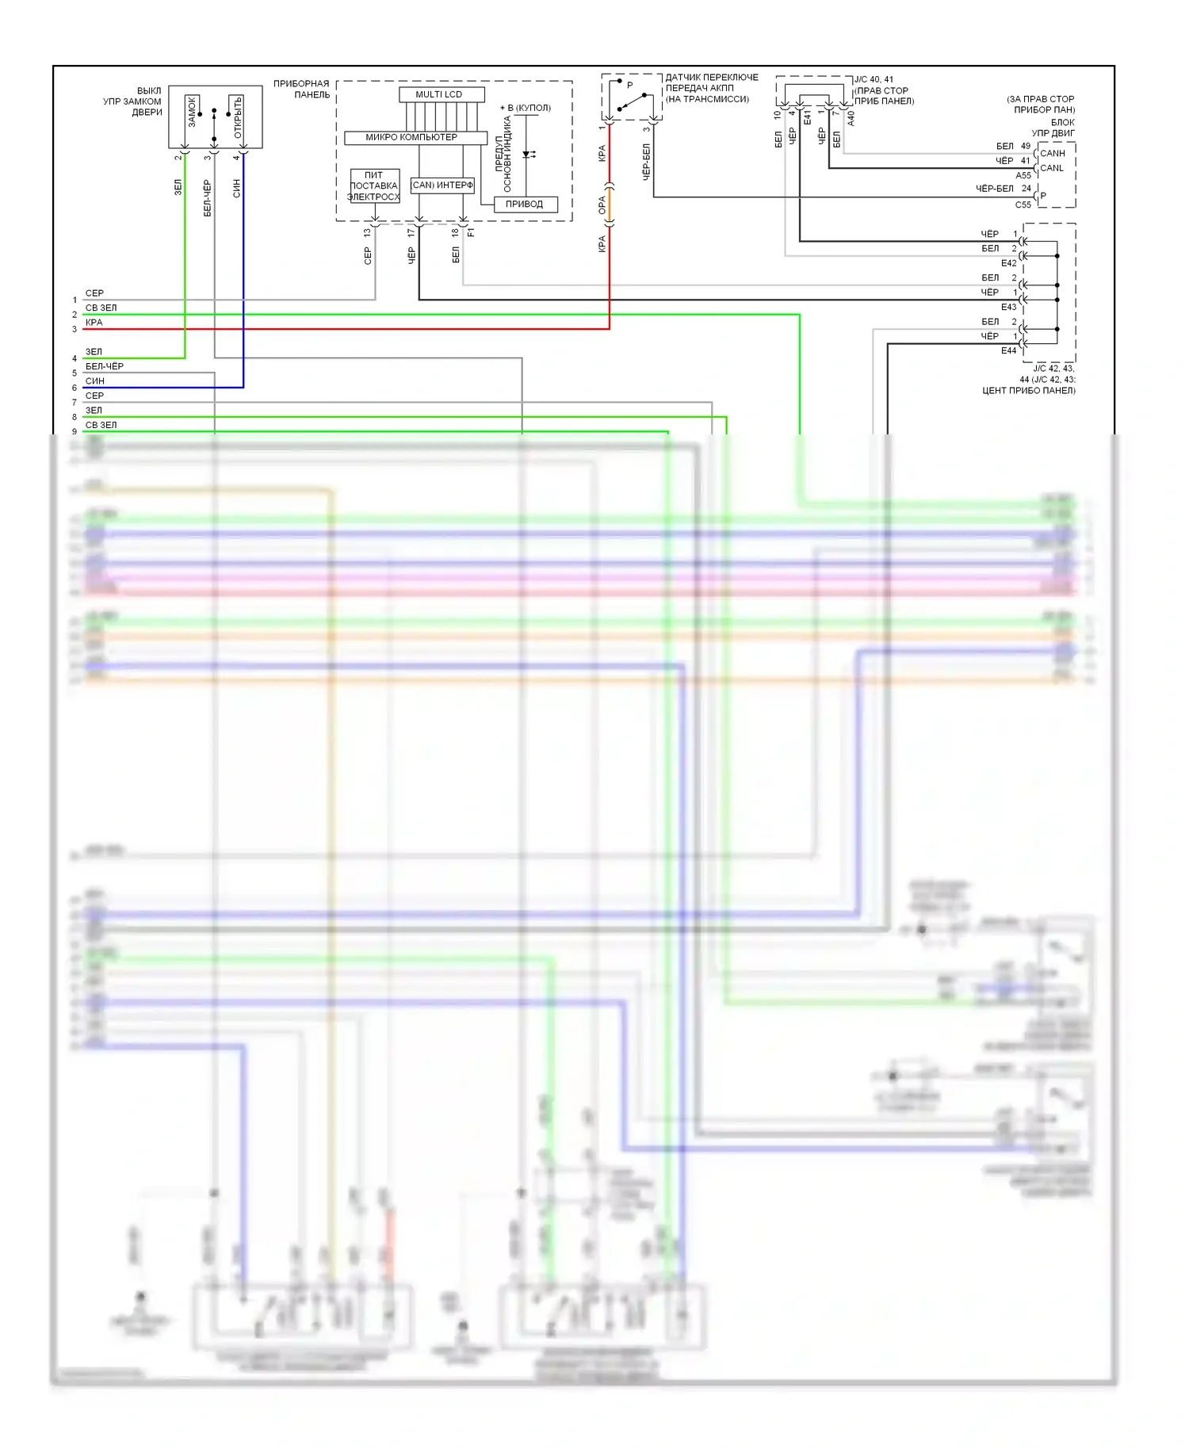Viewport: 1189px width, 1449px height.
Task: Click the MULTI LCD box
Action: [x=438, y=94]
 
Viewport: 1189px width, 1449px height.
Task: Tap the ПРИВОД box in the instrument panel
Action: [x=524, y=204]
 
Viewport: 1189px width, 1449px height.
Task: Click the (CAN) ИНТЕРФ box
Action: [x=442, y=185]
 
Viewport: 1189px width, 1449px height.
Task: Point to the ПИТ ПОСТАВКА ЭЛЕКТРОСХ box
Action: [x=374, y=185]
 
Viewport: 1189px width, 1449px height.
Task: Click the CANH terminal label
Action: [x=1053, y=153]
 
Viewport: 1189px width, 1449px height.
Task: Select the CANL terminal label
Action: [x=1052, y=168]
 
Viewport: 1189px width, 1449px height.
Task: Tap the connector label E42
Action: [x=1008, y=263]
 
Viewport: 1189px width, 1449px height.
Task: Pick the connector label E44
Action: [x=1008, y=350]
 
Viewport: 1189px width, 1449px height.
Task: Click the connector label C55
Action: [x=1023, y=205]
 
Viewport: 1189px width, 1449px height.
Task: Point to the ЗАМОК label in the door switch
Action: [x=192, y=113]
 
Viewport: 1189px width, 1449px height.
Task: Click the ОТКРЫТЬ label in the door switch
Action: [x=238, y=117]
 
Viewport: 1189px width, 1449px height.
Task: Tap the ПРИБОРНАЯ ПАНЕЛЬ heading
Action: [x=301, y=89]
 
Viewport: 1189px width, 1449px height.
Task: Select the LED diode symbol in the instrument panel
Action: [x=527, y=155]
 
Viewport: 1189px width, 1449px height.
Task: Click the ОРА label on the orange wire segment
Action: [x=602, y=205]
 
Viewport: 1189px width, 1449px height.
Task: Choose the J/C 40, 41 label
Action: [x=874, y=79]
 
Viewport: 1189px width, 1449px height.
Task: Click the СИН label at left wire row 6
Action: [x=94, y=381]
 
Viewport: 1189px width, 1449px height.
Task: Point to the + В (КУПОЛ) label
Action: [x=525, y=108]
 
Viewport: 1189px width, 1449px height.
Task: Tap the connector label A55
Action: [x=1023, y=175]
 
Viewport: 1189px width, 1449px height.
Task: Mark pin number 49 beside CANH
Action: [x=1026, y=146]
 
